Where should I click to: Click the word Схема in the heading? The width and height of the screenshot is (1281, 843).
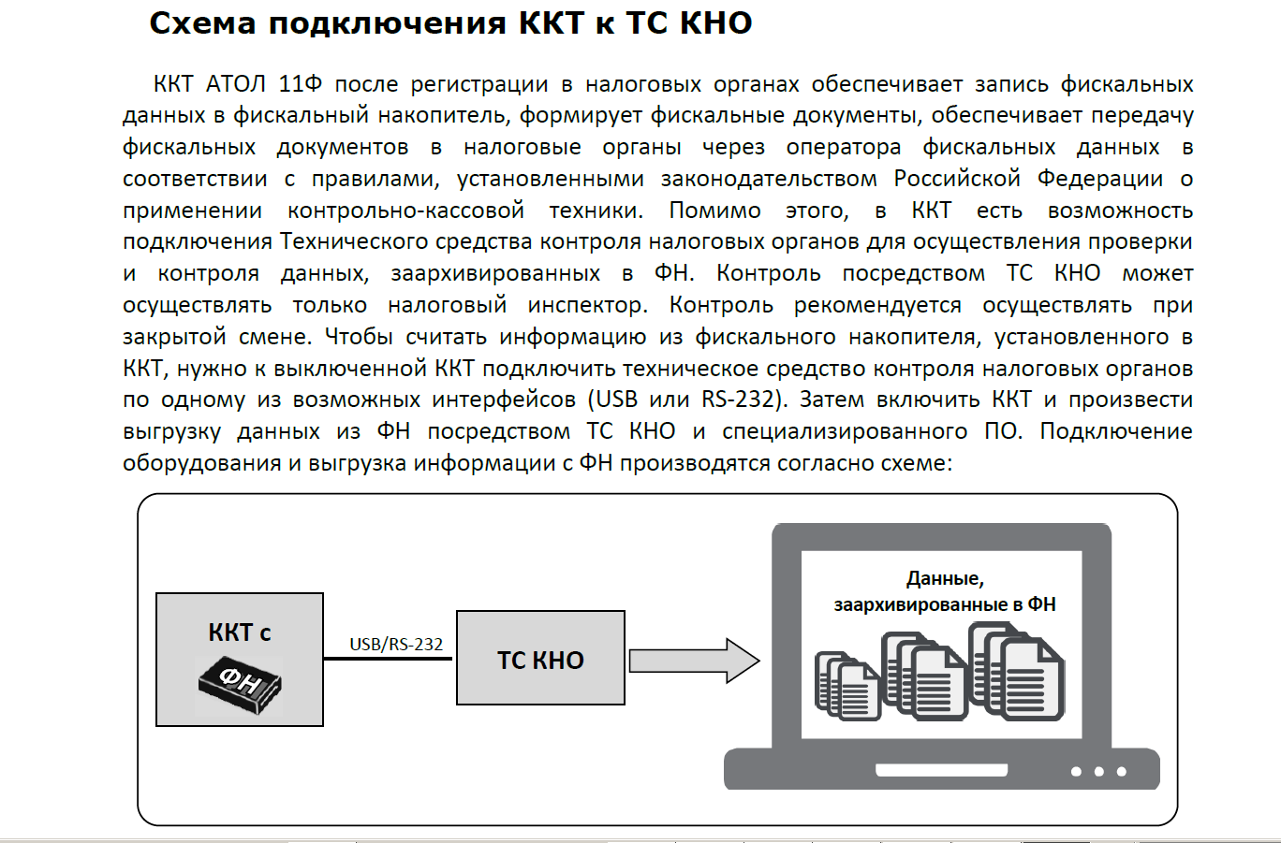[x=202, y=23]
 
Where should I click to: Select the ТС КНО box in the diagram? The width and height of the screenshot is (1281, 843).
[x=540, y=658]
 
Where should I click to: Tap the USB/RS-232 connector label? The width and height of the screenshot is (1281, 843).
[x=396, y=644]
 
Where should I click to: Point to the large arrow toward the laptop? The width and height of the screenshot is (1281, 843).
[x=694, y=661]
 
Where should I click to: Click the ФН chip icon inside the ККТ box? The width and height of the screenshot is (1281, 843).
[x=240, y=684]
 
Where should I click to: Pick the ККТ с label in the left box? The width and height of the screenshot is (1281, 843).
[x=239, y=632]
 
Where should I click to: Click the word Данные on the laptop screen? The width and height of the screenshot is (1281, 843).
[x=945, y=579]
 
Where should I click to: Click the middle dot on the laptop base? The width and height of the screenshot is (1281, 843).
[x=1098, y=772]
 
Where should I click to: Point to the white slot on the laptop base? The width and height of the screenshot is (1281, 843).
[x=941, y=770]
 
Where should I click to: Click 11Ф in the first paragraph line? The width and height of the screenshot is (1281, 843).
[x=301, y=84]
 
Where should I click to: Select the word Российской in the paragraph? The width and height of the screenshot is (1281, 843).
[x=957, y=179]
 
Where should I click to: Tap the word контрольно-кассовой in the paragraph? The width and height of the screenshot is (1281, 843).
[x=405, y=211]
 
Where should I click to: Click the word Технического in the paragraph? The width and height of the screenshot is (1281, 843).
[x=354, y=241]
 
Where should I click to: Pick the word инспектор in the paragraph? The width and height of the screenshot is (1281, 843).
[x=587, y=305]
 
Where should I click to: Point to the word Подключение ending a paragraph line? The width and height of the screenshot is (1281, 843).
[x=1116, y=431]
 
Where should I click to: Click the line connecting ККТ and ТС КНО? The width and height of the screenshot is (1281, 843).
[x=388, y=659]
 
